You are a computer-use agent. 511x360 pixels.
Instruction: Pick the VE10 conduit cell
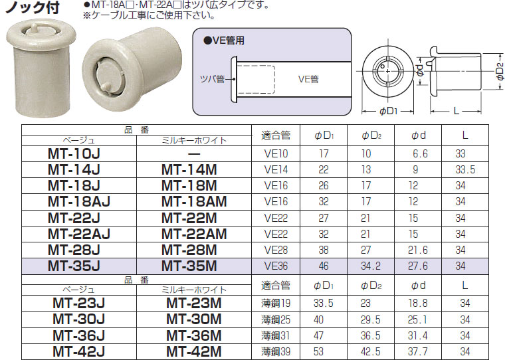(x=276, y=154)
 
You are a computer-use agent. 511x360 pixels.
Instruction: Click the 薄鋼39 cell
(x=276, y=350)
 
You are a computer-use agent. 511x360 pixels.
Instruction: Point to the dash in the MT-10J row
(x=194, y=154)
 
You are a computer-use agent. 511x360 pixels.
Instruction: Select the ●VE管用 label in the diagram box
(x=224, y=40)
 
